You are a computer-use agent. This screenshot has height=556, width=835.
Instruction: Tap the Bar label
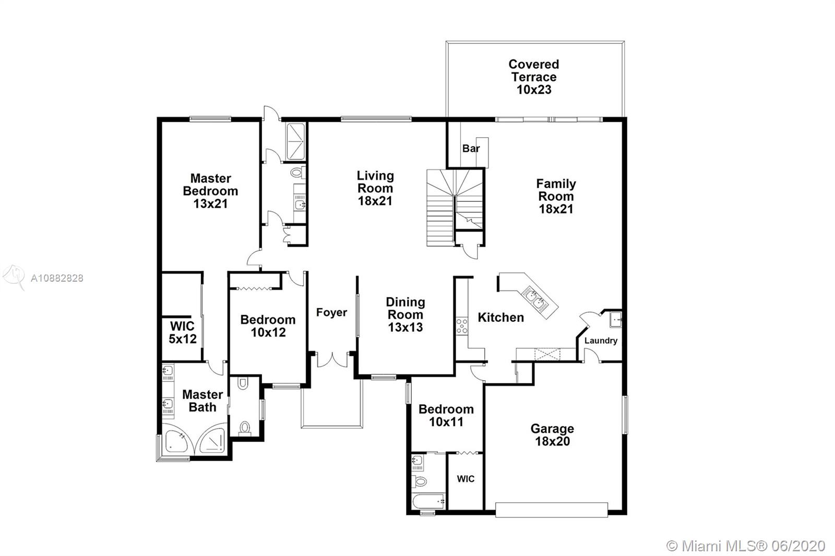[471, 148]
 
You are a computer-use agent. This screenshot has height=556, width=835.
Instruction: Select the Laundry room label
[601, 340]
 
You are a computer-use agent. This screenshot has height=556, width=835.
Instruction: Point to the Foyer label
[331, 312]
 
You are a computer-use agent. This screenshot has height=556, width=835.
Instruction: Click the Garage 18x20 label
[553, 435]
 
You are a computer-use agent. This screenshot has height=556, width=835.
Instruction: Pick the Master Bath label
[202, 401]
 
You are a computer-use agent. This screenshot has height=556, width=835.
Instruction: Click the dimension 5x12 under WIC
[183, 339]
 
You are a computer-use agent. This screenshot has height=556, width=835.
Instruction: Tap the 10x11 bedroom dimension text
[446, 422]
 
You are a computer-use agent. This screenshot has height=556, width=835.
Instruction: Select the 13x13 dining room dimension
[405, 327]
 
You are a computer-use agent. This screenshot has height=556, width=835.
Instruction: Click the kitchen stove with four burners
[462, 325]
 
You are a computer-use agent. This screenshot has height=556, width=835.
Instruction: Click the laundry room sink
[615, 320]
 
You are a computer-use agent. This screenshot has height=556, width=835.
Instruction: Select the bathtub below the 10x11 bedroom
[428, 501]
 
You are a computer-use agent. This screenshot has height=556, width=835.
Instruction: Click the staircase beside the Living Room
[455, 207]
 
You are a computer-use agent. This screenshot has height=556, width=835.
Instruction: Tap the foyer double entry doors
[332, 359]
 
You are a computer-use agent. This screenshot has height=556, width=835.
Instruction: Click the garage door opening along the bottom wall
[552, 510]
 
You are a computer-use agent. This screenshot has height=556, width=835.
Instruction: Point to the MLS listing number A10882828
[57, 278]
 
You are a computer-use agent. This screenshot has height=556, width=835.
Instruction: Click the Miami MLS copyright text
[746, 546]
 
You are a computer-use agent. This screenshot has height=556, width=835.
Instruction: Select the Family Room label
[556, 196]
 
